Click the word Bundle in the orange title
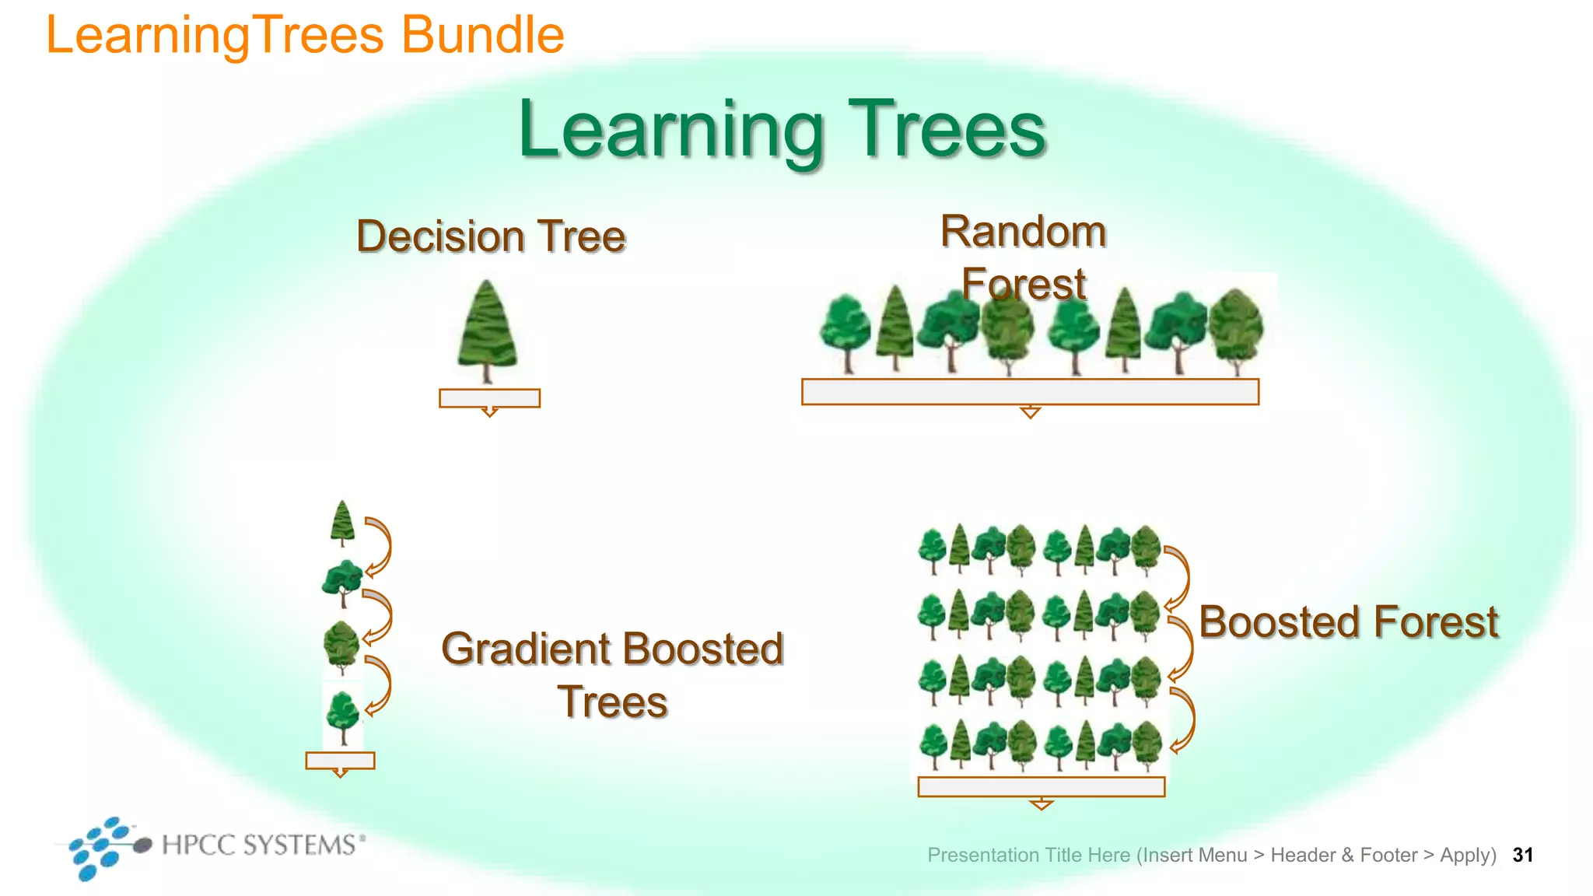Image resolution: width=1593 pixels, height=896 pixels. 482,35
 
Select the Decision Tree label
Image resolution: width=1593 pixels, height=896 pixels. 491,236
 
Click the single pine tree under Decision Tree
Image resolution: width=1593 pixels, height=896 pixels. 487,331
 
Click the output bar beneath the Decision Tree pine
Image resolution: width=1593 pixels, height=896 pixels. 489,398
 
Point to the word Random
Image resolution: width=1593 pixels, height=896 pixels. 1023,232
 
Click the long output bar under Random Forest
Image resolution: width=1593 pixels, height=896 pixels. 1030,392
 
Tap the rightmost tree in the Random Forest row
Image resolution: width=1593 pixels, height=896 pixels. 1237,331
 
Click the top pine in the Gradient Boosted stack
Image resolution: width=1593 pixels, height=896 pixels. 342,522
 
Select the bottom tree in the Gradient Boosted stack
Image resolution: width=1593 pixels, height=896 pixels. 343,716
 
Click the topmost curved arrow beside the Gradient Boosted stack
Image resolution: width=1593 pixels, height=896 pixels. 378,547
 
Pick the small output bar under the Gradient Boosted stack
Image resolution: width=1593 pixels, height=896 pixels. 340,760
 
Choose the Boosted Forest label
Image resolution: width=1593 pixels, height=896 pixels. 1348,622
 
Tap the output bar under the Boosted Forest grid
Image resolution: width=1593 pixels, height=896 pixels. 1041,787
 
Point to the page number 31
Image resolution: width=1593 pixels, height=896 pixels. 1522,855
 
